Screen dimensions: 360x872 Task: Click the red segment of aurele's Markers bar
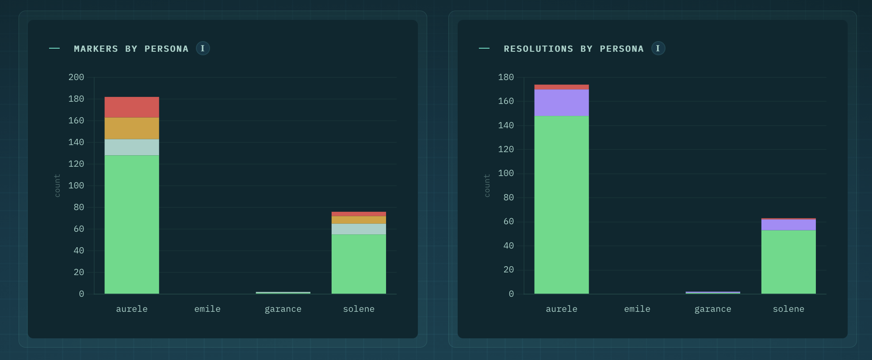pyautogui.click(x=132, y=107)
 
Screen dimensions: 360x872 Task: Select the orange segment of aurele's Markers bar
pyautogui.click(x=132, y=128)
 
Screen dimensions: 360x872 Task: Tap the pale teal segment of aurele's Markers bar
pyautogui.click(x=132, y=147)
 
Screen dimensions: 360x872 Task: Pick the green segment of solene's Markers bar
pyautogui.click(x=359, y=264)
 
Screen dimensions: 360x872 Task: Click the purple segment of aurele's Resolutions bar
pyautogui.click(x=562, y=103)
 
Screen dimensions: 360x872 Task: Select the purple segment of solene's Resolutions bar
pyautogui.click(x=788, y=225)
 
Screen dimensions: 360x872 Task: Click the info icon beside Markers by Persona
pyautogui.click(x=203, y=48)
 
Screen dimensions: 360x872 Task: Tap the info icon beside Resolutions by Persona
pyautogui.click(x=658, y=48)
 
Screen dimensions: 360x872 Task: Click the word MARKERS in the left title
pyautogui.click(x=96, y=49)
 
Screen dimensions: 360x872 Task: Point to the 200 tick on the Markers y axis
pyautogui.click(x=76, y=77)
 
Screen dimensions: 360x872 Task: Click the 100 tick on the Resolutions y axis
pyautogui.click(x=506, y=173)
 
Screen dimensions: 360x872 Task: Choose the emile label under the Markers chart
pyautogui.click(x=207, y=309)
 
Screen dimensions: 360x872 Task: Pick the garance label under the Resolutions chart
pyautogui.click(x=713, y=309)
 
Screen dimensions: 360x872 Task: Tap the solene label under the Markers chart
pyautogui.click(x=359, y=309)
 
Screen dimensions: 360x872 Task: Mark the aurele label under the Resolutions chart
pyautogui.click(x=562, y=309)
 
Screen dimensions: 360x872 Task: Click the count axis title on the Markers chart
pyautogui.click(x=57, y=185)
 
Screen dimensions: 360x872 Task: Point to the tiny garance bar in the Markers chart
pyautogui.click(x=283, y=293)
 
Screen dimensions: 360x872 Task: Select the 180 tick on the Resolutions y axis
pyautogui.click(x=506, y=77)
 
